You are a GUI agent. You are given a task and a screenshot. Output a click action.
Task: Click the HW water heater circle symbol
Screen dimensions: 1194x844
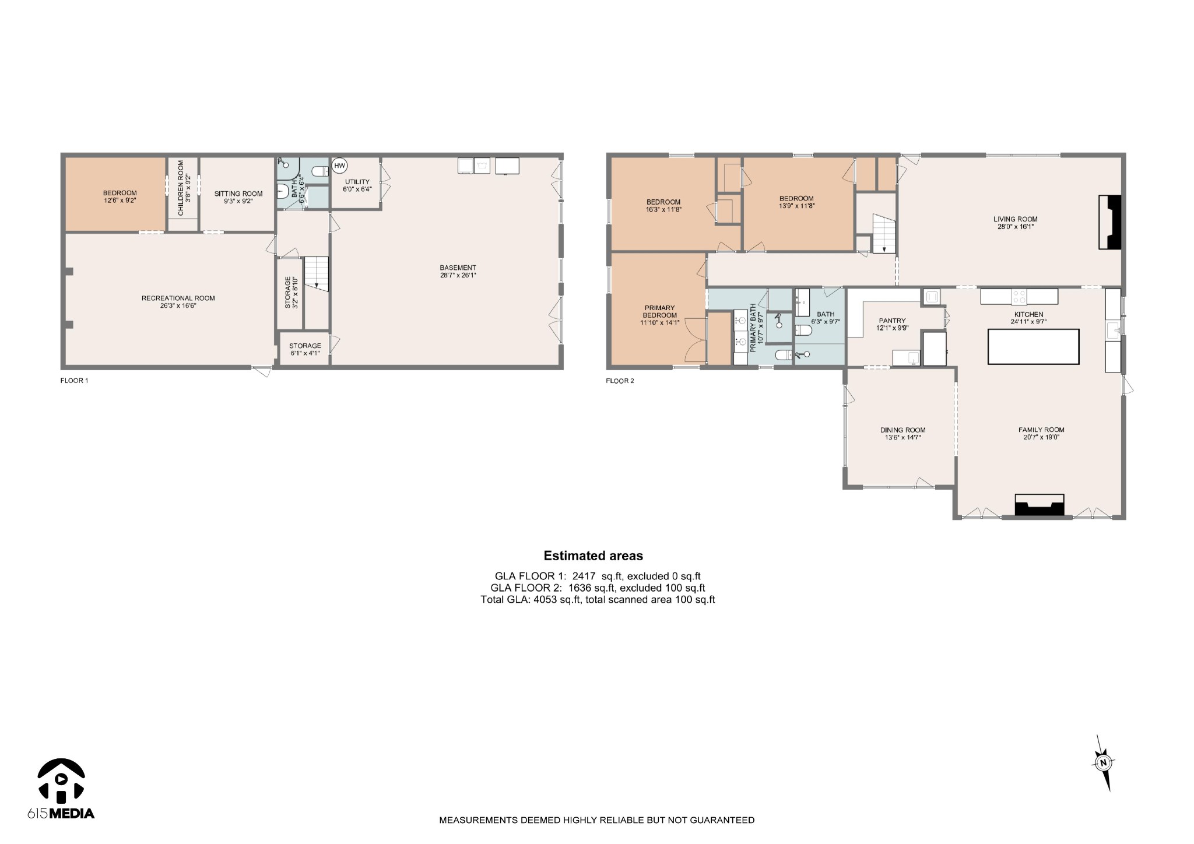[x=339, y=166]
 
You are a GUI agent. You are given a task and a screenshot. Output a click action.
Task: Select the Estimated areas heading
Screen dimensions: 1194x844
[x=593, y=555]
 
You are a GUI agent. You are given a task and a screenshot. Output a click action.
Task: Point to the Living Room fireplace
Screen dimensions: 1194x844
[x=1110, y=223]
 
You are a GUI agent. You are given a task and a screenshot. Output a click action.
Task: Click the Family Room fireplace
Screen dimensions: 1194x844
[x=1040, y=505]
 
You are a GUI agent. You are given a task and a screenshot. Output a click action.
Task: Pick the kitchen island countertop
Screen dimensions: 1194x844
[x=1033, y=346]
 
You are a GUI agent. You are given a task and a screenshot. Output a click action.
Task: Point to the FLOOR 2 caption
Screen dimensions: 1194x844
[x=620, y=381]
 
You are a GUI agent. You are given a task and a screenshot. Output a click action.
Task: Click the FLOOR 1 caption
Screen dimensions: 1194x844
[x=74, y=381]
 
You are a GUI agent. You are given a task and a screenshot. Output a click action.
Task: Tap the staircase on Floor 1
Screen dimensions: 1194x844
[x=317, y=274]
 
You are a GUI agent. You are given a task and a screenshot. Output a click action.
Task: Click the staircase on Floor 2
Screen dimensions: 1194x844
[x=884, y=233]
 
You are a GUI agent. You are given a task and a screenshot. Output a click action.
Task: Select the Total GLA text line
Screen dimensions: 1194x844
[x=598, y=599]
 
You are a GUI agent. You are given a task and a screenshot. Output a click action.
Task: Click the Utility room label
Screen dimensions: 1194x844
[x=357, y=185]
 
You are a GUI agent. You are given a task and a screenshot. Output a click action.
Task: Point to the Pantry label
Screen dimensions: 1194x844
[x=892, y=324]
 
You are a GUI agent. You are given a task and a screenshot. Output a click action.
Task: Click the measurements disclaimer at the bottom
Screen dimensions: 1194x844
[x=596, y=820]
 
